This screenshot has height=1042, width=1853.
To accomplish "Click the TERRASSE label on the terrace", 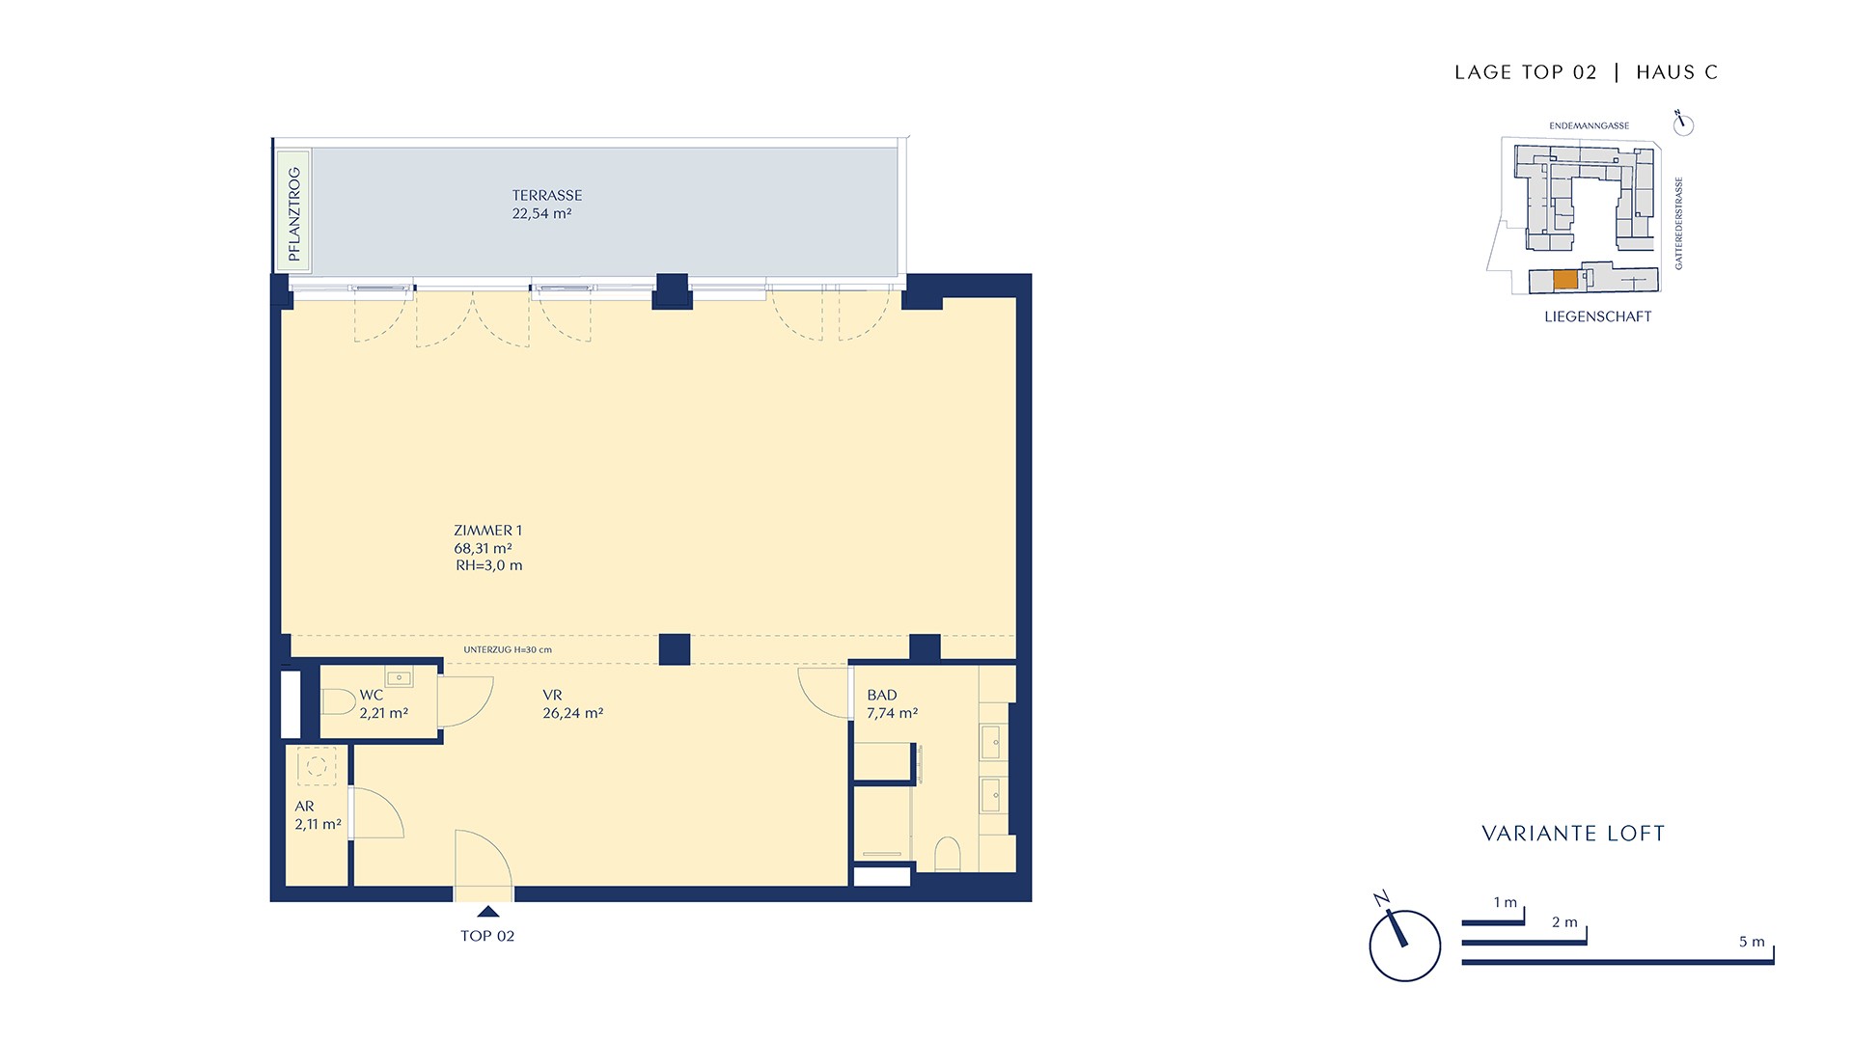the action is [546, 195].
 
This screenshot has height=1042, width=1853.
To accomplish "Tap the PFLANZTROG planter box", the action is [293, 209].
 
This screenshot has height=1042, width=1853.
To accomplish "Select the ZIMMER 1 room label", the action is [487, 530].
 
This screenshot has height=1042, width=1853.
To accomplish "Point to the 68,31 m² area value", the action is [483, 548].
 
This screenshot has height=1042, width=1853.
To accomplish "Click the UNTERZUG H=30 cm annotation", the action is [508, 649].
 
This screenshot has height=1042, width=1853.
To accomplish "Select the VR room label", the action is [552, 695].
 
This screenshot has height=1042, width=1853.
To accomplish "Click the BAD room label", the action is [882, 695].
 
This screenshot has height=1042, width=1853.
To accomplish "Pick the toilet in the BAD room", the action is [948, 854].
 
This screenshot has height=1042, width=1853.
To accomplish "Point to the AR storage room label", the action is [304, 807].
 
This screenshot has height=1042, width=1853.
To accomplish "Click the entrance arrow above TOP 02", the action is [488, 911].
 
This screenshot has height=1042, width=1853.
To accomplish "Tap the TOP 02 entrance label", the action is [487, 936].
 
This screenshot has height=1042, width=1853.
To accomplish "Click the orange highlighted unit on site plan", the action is [1565, 280].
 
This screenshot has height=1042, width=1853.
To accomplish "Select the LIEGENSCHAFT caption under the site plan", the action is [1598, 316].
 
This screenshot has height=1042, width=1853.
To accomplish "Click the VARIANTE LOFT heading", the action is [1573, 834].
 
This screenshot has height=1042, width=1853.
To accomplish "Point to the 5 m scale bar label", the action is [1752, 942].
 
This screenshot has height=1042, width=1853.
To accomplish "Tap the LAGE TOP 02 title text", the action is [1526, 72].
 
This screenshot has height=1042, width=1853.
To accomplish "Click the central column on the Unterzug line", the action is [675, 649].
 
